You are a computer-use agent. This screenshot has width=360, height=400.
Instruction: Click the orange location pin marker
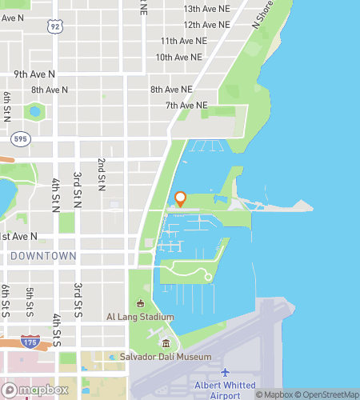(180, 199)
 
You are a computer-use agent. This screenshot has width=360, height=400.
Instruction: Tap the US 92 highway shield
(54, 26)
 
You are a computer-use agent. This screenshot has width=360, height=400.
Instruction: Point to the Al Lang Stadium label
(140, 316)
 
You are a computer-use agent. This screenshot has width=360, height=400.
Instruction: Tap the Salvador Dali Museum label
(166, 357)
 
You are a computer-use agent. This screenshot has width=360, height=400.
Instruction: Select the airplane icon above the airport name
(226, 373)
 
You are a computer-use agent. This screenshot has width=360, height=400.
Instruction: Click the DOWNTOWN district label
(44, 256)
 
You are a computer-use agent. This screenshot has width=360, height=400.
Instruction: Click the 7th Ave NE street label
(186, 105)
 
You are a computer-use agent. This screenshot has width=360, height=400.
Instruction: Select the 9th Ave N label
(34, 74)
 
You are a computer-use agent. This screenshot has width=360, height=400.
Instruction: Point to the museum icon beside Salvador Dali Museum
(166, 344)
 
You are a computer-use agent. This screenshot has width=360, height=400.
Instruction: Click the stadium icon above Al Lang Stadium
(140, 303)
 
